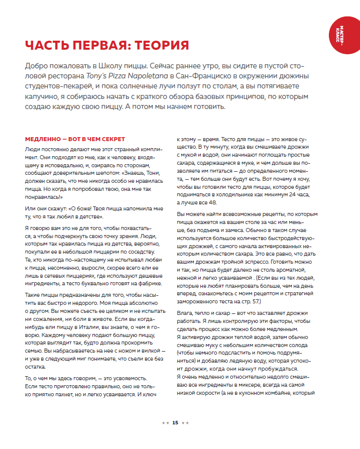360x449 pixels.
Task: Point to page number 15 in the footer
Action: click(x=175, y=422)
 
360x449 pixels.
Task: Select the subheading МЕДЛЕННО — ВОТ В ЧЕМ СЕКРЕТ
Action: click(x=74, y=139)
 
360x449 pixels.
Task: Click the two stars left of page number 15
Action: click(x=165, y=423)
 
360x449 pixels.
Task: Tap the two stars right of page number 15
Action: click(x=185, y=423)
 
